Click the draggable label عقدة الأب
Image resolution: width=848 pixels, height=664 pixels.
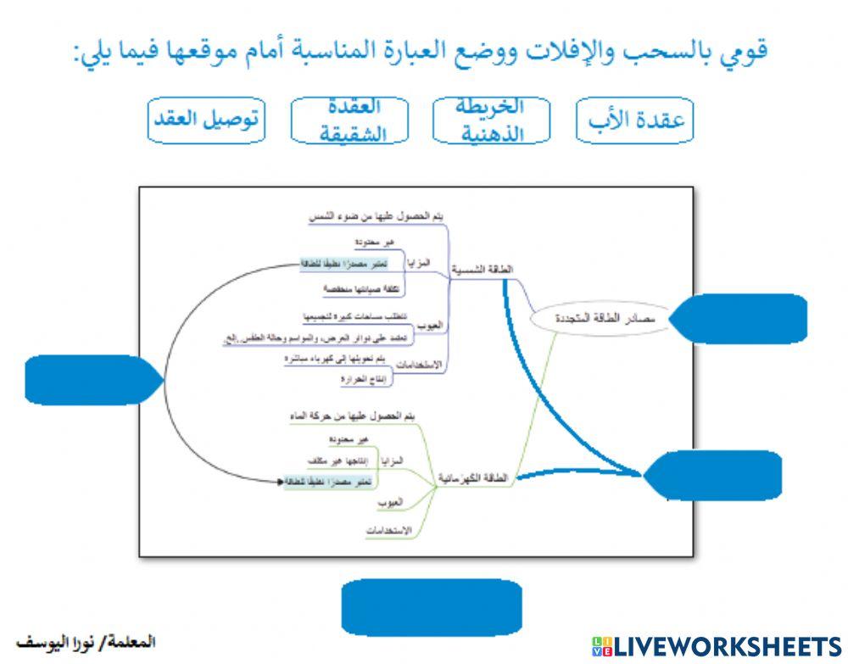tap(635, 120)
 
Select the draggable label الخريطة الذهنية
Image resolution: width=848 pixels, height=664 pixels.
tap(491, 120)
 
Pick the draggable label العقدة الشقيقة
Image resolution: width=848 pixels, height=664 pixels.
tap(349, 120)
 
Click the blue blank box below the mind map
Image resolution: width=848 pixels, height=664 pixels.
tap(431, 607)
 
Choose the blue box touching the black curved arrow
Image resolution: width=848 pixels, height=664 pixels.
tap(89, 379)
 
